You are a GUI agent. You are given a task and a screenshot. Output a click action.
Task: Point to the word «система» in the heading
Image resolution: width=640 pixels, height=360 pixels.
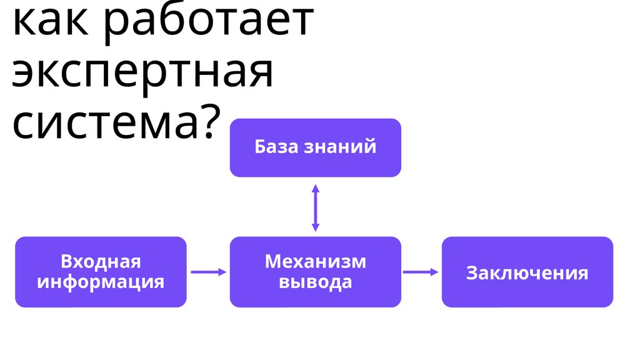click(104, 122)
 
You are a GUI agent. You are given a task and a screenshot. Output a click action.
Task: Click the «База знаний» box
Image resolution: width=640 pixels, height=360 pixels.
click(316, 147)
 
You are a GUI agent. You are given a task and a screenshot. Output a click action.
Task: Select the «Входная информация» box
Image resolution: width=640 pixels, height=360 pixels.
click(101, 272)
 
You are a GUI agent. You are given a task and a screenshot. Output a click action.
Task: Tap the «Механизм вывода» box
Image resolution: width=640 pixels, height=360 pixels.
click(316, 272)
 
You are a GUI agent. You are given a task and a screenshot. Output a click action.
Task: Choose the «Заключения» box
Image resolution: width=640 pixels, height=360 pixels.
click(527, 272)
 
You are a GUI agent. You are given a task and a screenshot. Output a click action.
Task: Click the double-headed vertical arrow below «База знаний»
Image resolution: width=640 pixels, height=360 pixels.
click(316, 207)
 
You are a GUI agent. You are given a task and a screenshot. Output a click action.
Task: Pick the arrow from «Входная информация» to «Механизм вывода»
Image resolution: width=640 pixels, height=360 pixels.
click(208, 272)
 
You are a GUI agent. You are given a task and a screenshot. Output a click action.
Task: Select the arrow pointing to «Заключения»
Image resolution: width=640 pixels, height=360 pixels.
click(421, 272)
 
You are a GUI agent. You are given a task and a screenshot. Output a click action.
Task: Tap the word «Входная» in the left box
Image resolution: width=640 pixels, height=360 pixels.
click(101, 261)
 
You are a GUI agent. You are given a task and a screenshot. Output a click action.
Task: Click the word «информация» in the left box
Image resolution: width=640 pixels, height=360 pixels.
click(101, 282)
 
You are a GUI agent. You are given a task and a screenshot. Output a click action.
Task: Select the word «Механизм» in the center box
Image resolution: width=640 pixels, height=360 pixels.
click(316, 261)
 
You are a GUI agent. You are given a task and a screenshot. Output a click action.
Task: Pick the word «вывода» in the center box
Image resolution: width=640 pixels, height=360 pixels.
click(316, 282)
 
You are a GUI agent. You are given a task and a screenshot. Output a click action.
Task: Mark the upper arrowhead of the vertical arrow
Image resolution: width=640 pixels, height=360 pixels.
click(316, 188)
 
